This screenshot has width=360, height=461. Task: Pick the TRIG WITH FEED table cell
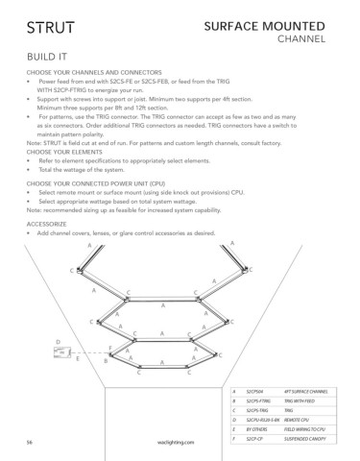click(x=300, y=402)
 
